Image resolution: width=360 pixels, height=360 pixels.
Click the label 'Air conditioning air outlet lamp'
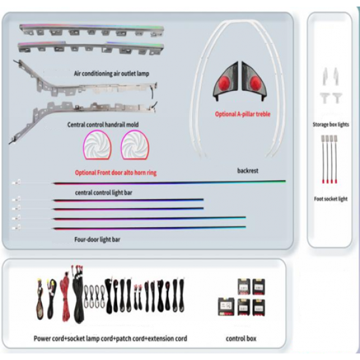111,73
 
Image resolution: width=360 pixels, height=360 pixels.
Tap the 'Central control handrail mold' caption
103,124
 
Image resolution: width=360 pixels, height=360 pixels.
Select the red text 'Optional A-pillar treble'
243,114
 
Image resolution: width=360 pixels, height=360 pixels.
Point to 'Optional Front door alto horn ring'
116,173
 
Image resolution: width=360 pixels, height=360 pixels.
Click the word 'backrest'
247,171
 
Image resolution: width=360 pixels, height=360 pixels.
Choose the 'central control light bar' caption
103,192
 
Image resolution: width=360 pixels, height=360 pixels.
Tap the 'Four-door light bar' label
97,240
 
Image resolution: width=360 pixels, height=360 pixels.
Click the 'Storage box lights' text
331,124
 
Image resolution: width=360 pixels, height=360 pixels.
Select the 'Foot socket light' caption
331,199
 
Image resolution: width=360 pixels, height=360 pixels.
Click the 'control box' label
241,338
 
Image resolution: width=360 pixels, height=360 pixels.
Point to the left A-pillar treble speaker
225,81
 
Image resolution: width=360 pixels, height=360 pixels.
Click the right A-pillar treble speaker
254,81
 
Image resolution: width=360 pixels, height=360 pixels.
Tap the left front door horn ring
98,145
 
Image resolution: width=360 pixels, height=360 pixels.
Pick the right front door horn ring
135,145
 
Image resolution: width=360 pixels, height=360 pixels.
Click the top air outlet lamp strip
92,30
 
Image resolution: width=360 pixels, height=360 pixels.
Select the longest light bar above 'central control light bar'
170,183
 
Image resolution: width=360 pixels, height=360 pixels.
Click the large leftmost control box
226,306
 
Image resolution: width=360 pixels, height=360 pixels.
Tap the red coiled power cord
65,296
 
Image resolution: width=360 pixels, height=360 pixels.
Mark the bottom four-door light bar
149,228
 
